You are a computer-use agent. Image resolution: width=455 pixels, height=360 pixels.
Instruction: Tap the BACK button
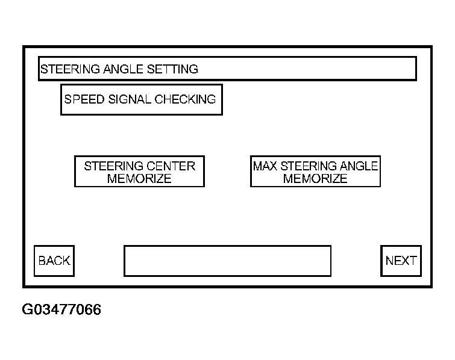tap(54, 261)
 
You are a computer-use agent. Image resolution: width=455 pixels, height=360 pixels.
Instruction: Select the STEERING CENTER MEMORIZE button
tap(139, 172)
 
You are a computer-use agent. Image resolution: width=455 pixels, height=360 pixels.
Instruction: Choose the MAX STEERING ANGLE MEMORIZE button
tap(315, 172)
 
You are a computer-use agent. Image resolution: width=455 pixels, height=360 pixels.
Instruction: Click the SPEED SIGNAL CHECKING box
tap(142, 99)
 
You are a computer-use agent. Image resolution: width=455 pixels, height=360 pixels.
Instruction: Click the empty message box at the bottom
tap(227, 261)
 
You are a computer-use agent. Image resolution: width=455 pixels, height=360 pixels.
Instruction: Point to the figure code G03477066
tap(61, 309)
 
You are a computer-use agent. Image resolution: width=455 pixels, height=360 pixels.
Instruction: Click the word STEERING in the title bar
tap(67, 69)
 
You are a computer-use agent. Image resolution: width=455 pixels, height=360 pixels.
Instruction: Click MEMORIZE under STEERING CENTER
tap(139, 179)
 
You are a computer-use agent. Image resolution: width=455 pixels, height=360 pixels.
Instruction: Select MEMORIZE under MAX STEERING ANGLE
tap(315, 179)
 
